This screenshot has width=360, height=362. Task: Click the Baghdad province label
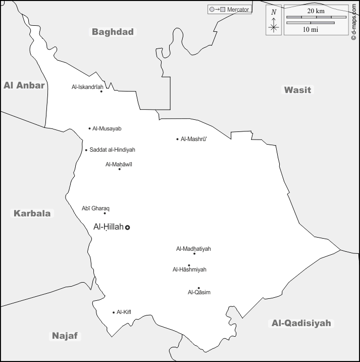click(x=113, y=32)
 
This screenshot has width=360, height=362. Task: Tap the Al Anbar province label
click(x=24, y=85)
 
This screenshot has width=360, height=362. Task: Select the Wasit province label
click(x=297, y=90)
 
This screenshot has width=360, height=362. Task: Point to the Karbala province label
click(x=32, y=213)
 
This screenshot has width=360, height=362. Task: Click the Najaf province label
click(x=66, y=336)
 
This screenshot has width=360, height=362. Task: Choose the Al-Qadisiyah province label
click(x=301, y=323)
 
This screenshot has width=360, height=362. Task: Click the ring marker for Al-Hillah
click(x=128, y=228)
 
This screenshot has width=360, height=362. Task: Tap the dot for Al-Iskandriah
click(x=101, y=92)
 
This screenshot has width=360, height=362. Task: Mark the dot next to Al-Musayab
click(x=90, y=128)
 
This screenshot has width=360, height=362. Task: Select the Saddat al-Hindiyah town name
click(x=112, y=150)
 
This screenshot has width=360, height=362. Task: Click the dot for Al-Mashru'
click(x=177, y=139)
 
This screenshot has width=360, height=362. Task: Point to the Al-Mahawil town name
click(x=119, y=164)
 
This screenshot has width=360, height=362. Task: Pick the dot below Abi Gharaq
click(x=105, y=213)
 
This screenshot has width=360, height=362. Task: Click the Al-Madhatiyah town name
click(x=193, y=249)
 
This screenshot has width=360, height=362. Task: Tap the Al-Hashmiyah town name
click(x=189, y=269)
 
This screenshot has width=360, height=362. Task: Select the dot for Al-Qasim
click(x=199, y=288)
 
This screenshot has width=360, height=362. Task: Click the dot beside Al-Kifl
click(x=114, y=312)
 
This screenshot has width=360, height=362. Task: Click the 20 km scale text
click(x=316, y=11)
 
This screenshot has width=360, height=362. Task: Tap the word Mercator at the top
click(x=238, y=10)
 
